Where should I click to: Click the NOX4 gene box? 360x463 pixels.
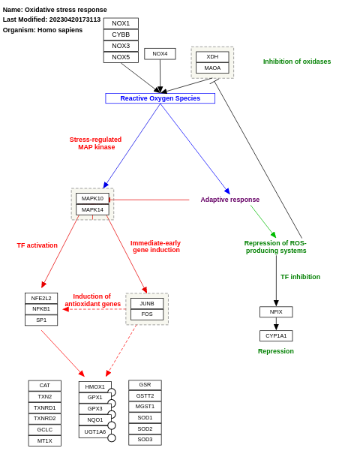click(x=160, y=54)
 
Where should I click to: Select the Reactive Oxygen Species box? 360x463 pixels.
click(x=160, y=98)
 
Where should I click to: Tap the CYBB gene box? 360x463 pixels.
click(x=121, y=35)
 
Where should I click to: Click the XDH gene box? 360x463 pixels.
click(x=212, y=57)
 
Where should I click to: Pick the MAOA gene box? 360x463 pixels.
click(x=212, y=68)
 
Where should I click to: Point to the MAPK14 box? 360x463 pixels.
click(x=92, y=210)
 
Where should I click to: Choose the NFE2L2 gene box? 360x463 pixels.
click(x=41, y=298)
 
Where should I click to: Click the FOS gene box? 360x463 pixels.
click(x=147, y=314)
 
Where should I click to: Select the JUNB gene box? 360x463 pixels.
click(x=147, y=304)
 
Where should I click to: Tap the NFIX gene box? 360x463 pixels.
click(x=276, y=312)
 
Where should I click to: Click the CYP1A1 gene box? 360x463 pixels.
click(x=276, y=336)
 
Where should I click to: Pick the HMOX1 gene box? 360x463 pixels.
click(x=94, y=387)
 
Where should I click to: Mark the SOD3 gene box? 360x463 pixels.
click(x=145, y=440)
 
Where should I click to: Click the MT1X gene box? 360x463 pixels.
click(x=45, y=441)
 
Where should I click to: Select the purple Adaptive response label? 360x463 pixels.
click(x=229, y=200)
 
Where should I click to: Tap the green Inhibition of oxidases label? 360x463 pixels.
click(x=296, y=62)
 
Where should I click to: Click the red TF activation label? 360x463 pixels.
click(x=37, y=245)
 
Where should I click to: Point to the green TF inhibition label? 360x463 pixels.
click(x=300, y=277)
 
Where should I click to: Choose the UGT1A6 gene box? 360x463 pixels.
click(x=94, y=432)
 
